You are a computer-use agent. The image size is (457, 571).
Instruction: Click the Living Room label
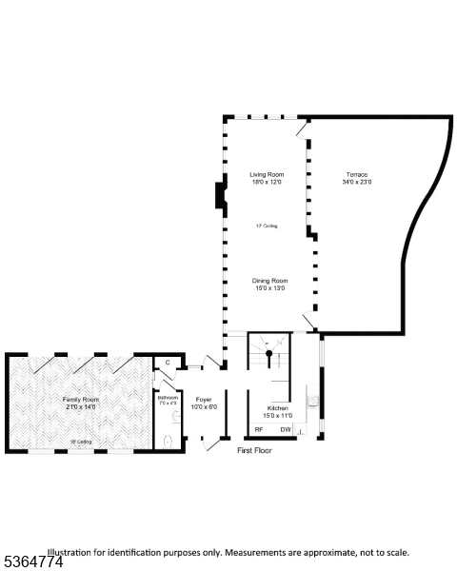(267, 174)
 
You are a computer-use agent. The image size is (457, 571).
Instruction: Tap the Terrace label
(357, 174)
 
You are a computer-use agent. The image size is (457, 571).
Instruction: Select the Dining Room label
(269, 280)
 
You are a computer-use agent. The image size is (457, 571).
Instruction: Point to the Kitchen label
(278, 407)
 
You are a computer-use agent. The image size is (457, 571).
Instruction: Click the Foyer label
(205, 399)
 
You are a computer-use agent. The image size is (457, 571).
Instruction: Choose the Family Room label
(81, 399)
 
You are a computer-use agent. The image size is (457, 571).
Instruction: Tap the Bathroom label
(168, 397)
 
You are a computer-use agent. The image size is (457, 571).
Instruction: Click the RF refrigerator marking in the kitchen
(258, 429)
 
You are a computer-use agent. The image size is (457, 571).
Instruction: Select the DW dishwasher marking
(286, 429)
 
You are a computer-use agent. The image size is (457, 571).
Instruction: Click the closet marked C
(168, 363)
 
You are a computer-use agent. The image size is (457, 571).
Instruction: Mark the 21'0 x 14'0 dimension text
(81, 406)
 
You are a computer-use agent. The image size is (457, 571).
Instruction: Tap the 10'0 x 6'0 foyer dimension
(205, 406)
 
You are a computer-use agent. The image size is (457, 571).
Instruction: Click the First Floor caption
(254, 450)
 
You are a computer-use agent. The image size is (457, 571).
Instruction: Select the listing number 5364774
(32, 562)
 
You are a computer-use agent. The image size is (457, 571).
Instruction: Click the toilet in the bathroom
(169, 440)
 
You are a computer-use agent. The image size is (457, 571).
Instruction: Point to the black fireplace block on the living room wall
(220, 195)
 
